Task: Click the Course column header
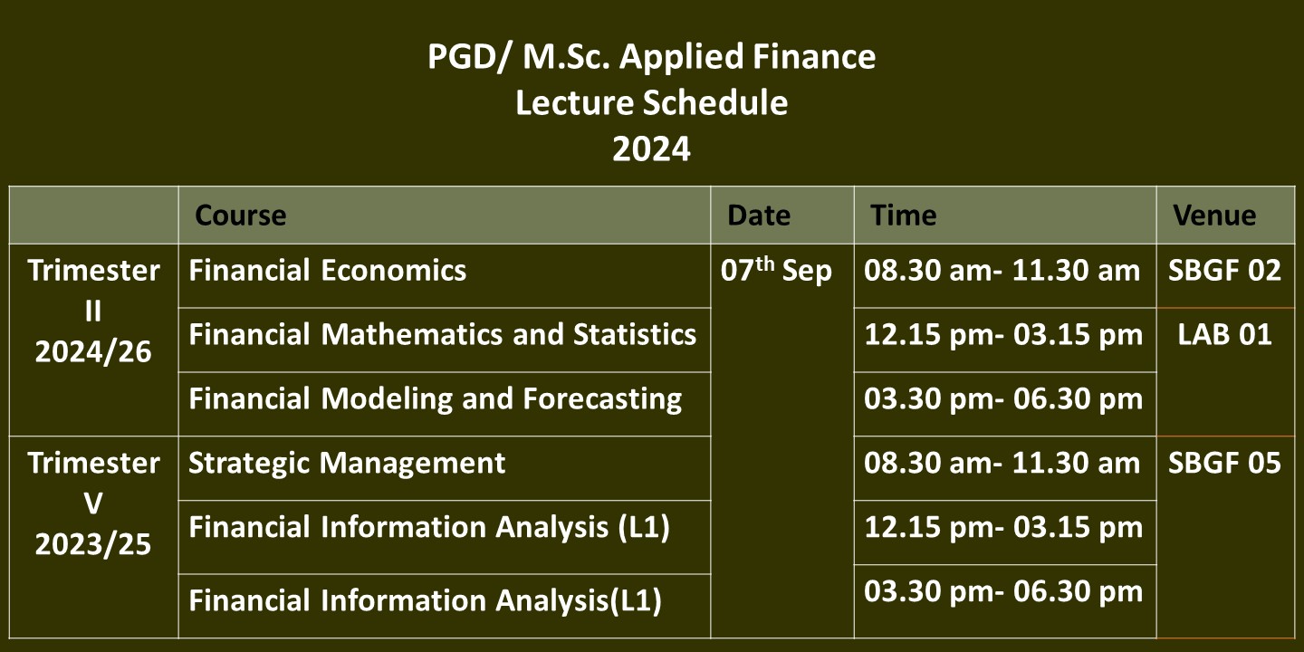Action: coord(241,216)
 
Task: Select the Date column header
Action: coord(759,216)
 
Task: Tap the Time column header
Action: coord(904,216)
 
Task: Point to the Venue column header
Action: coord(1214,216)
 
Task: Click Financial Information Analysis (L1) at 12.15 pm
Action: coord(429,527)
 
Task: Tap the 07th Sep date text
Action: coord(776,270)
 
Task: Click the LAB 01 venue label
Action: coord(1225,335)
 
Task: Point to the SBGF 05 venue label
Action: coord(1225,464)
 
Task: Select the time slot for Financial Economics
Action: coord(1002,271)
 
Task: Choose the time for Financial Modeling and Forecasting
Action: coord(1003,399)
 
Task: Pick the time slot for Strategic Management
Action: coord(1002,464)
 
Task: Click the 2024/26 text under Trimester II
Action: coord(93,352)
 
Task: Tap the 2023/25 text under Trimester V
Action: coord(93,545)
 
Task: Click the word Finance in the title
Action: coord(814,56)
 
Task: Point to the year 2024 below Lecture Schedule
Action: coord(651,149)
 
